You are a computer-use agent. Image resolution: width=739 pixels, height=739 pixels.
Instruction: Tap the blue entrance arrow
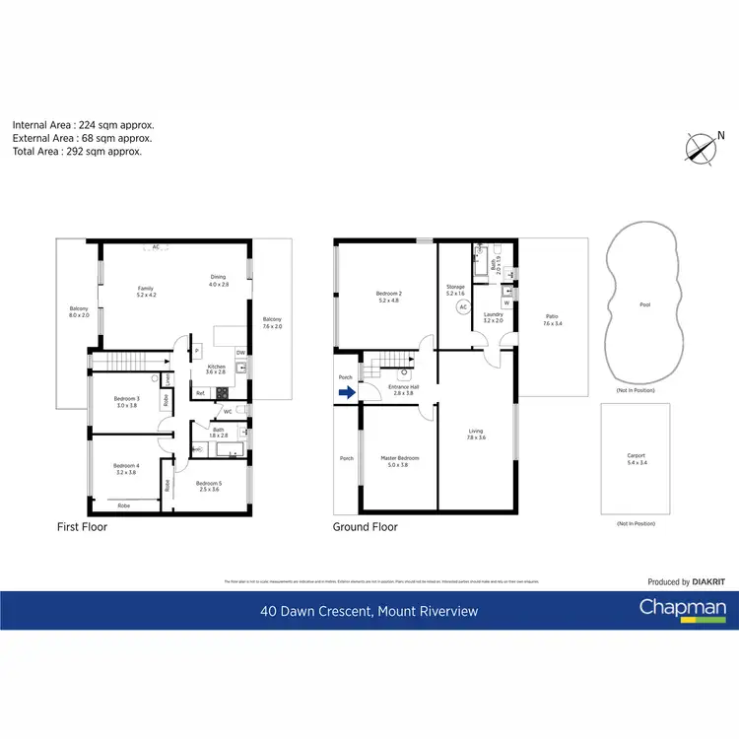click(x=345, y=392)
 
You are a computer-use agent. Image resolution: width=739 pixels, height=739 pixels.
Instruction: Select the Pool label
click(x=644, y=305)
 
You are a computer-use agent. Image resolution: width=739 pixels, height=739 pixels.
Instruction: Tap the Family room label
click(x=145, y=291)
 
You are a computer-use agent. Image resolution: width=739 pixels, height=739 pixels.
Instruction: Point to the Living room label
click(x=475, y=433)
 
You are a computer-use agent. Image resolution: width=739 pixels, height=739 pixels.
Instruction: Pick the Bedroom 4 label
click(x=126, y=468)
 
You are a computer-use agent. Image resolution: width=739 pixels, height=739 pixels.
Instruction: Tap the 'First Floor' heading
click(x=82, y=527)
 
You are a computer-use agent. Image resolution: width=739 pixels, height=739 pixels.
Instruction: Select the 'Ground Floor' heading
click(x=366, y=527)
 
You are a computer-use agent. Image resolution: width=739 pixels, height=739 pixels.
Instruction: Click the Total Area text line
click(x=77, y=152)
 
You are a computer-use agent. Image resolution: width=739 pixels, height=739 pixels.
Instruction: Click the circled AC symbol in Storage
click(x=462, y=306)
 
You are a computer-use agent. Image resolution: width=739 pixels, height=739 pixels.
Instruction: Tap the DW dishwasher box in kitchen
click(x=240, y=352)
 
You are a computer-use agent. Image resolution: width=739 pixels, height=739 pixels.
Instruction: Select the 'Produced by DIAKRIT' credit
click(x=686, y=582)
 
